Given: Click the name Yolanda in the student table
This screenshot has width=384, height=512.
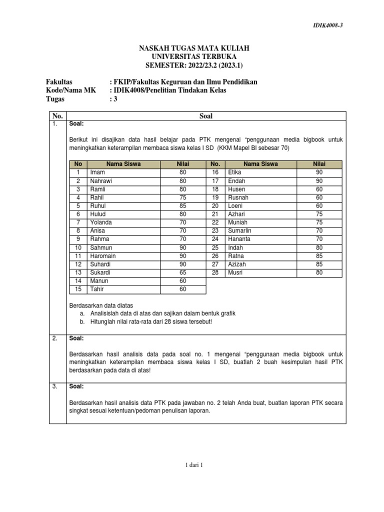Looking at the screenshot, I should tap(101, 222).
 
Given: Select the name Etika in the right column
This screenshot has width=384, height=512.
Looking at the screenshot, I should tap(235, 172).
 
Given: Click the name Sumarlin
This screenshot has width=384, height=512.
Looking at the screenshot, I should tap(239, 230).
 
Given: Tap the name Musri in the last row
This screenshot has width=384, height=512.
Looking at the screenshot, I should tap(235, 272).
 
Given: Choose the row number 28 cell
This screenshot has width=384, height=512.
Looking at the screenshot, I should tap(215, 272).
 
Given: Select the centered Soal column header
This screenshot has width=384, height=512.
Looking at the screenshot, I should tap(206, 115).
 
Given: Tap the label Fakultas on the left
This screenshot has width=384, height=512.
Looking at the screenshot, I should tap(59, 81).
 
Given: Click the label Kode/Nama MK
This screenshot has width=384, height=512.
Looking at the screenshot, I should tap(68, 90).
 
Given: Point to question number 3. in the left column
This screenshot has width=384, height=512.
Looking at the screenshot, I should tap(55, 386).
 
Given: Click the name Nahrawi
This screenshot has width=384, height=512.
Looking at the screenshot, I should tap(101, 180).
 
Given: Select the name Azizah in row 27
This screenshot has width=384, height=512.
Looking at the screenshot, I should tap(237, 264).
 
